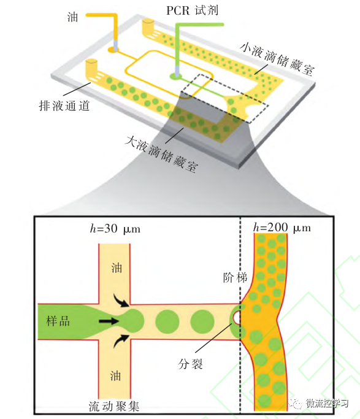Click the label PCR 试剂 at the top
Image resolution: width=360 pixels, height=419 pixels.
[x=192, y=10]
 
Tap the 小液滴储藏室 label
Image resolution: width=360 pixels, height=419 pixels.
[x=277, y=58]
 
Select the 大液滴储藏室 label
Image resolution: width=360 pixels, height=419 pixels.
[x=162, y=154]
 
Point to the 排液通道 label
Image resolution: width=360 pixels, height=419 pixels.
[x=64, y=106]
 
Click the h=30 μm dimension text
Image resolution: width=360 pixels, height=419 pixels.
[x=115, y=229]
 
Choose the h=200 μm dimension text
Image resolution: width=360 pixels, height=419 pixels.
[x=282, y=228]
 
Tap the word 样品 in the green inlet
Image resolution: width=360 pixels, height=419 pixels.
[x=58, y=321]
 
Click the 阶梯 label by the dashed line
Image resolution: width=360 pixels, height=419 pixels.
[x=236, y=278]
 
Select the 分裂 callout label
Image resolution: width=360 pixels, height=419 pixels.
[x=190, y=364]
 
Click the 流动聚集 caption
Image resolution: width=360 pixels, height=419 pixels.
[x=114, y=407]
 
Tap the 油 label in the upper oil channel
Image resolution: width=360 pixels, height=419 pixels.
[x=117, y=267]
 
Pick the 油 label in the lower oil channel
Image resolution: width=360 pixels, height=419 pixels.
[x=116, y=375]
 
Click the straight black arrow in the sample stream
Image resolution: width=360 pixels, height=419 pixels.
[x=109, y=321]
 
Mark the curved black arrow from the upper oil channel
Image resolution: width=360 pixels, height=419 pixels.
[x=121, y=301]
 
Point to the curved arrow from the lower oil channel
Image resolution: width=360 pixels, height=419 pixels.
[x=121, y=340]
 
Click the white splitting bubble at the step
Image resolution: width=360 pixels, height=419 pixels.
[x=237, y=317]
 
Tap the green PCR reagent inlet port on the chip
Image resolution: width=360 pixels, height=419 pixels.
[x=176, y=77]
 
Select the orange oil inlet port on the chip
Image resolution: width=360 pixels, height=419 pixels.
[x=114, y=50]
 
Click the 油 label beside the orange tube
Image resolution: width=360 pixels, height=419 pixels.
[x=72, y=18]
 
